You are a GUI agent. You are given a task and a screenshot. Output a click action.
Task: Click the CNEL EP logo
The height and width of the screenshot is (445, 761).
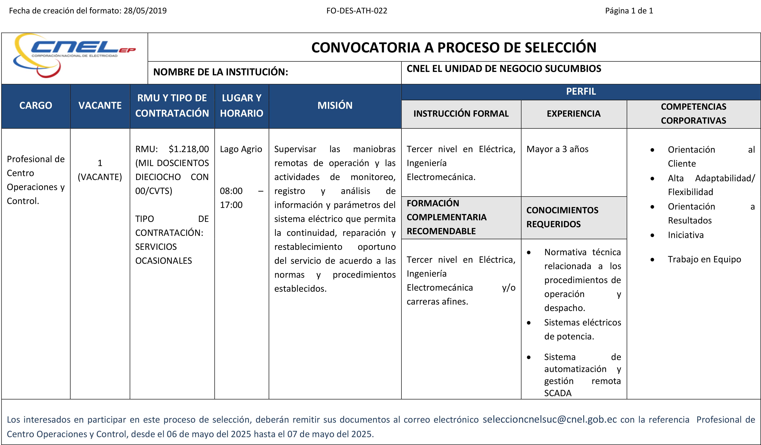[x=74, y=54]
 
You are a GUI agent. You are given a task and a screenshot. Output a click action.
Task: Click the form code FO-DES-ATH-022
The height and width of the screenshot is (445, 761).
[x=357, y=11]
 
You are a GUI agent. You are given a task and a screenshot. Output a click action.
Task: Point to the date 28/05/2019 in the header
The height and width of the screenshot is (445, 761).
[x=145, y=11]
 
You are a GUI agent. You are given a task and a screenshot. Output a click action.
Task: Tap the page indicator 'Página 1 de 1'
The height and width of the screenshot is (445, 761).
[x=629, y=11]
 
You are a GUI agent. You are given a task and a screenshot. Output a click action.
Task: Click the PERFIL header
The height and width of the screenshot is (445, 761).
[x=581, y=91]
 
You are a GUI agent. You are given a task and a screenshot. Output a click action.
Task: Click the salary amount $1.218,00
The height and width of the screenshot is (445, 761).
[x=189, y=149]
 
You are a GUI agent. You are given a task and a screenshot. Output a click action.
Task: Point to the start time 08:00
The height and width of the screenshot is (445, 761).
[x=231, y=191]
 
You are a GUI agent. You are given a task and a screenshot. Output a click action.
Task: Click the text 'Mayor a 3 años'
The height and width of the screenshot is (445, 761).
[x=557, y=149]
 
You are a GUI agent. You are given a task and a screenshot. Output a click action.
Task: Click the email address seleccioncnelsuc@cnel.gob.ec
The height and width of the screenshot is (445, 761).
[x=550, y=419]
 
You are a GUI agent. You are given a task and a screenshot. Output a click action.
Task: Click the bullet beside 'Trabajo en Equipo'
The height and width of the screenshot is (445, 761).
[x=652, y=260]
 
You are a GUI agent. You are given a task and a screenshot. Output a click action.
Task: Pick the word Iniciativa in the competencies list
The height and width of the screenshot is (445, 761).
[x=685, y=235]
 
